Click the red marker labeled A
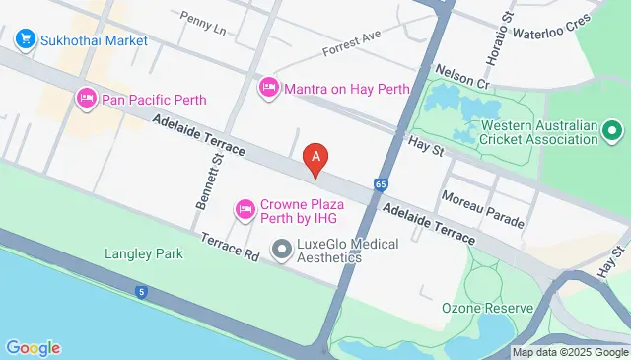pos(315,158)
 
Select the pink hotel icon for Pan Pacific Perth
pos(86,99)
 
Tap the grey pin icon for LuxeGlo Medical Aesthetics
pos(282,250)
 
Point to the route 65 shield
pos(381,183)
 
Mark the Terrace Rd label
pos(228,247)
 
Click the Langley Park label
pos(144,253)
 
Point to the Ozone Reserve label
pos(487,308)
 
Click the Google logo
pos(33,347)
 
